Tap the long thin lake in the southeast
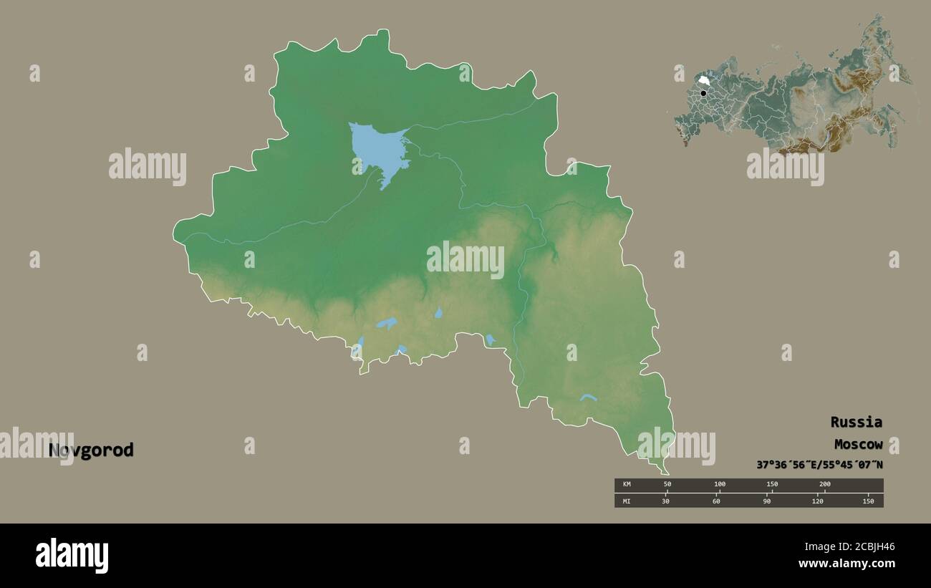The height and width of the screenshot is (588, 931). [589, 397]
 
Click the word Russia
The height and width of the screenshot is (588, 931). [856, 422]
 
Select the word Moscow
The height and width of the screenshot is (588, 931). [857, 444]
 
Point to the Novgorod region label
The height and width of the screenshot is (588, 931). [91, 450]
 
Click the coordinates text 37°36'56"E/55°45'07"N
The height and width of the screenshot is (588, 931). [819, 465]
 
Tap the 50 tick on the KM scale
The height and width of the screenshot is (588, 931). [667, 485]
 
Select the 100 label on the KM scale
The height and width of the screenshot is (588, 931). [719, 485]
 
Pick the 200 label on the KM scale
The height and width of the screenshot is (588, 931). [824, 485]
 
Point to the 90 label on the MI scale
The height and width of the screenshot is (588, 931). [767, 501]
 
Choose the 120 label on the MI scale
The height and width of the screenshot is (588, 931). [818, 501]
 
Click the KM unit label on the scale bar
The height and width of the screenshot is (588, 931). [627, 485]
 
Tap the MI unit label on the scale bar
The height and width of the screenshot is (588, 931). [627, 501]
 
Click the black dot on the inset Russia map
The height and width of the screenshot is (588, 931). [704, 93]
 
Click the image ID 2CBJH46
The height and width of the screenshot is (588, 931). [867, 547]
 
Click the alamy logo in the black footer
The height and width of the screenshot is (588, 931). [72, 556]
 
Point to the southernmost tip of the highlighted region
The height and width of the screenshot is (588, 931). [667, 473]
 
